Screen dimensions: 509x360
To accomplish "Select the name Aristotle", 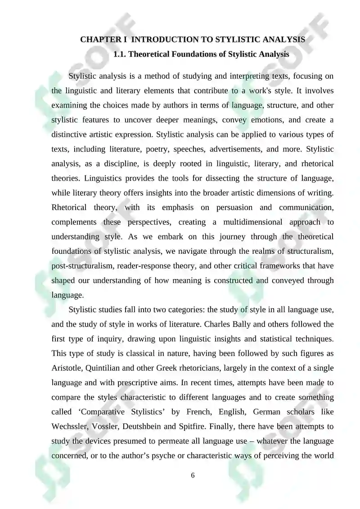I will click(x=67, y=368).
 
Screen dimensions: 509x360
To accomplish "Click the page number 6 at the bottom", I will click(x=193, y=476).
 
